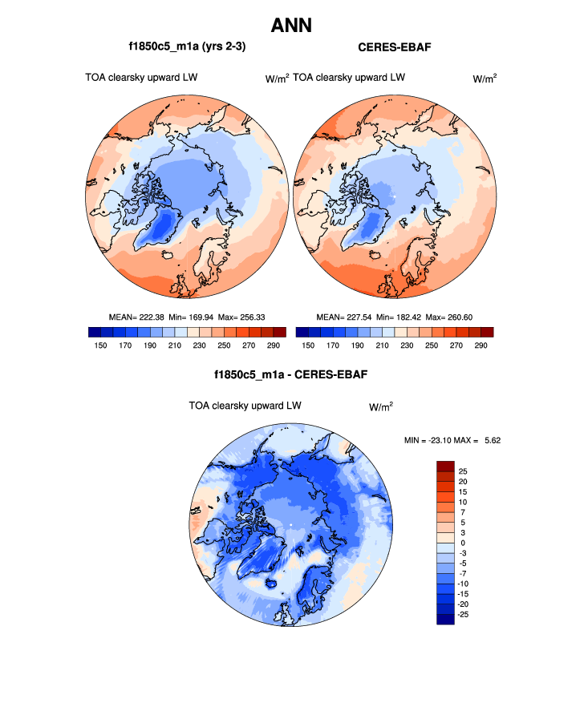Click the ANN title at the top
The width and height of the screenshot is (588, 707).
[291, 26]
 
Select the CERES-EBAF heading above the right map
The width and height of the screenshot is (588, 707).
[394, 47]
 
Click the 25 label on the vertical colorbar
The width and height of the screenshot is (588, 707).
[463, 471]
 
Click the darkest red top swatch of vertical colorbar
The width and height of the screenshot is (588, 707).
[445, 466]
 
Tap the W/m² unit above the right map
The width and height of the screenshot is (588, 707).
[484, 79]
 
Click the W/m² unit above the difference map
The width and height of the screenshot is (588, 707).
[380, 406]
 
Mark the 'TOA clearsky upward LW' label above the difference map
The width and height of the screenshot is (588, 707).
[245, 406]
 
